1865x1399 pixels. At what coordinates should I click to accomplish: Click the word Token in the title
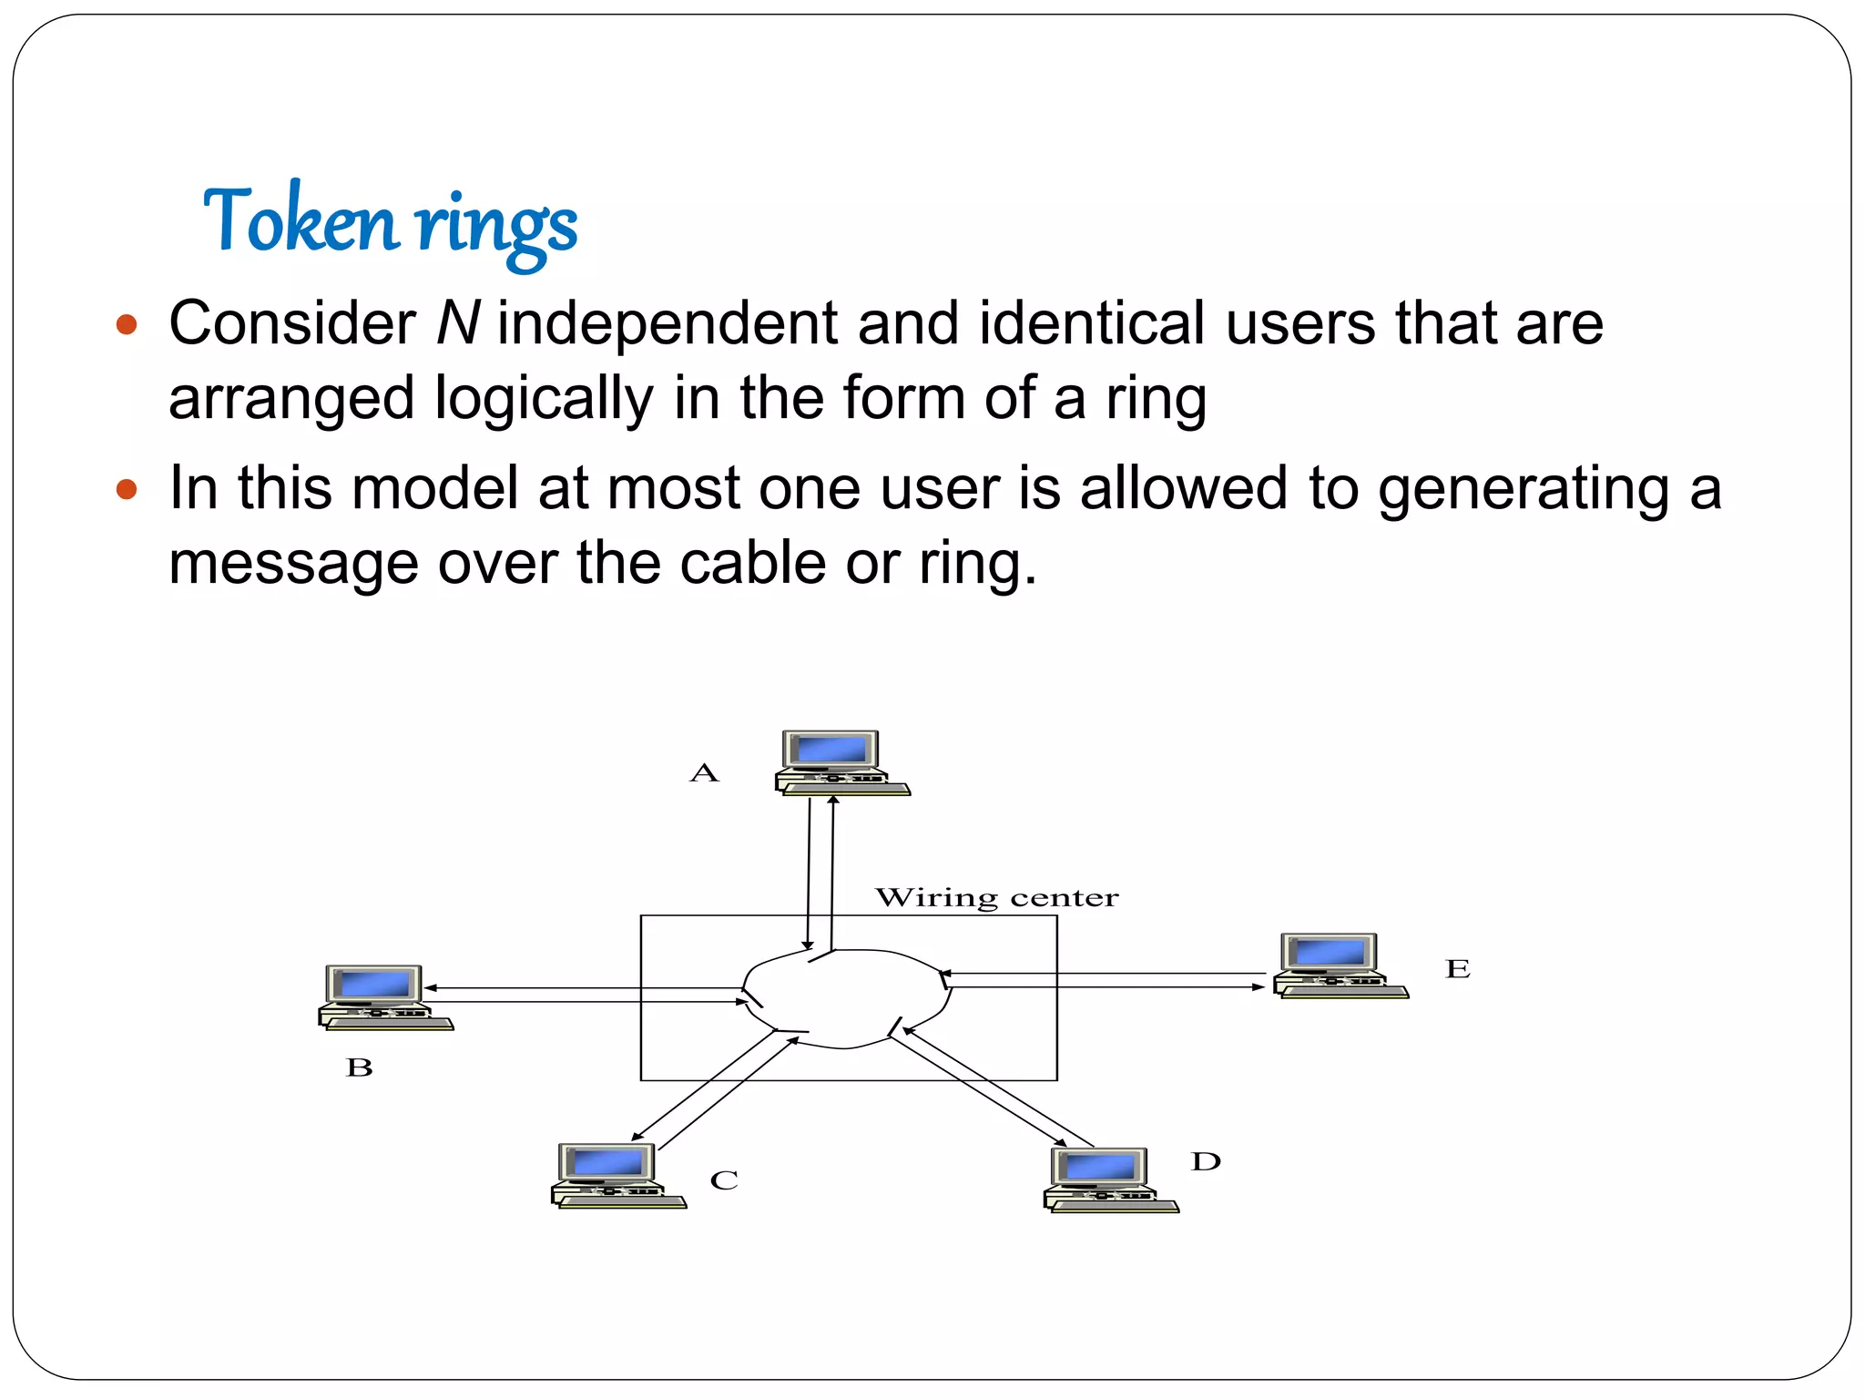click(x=301, y=220)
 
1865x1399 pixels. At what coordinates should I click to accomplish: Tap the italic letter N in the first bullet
click(x=457, y=322)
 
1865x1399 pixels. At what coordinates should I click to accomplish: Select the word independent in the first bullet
click(x=668, y=322)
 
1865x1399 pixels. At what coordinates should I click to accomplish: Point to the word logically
click(x=544, y=399)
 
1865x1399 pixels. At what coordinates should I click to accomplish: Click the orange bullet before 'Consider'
click(x=127, y=324)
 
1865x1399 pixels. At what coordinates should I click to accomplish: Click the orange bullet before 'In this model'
click(x=127, y=490)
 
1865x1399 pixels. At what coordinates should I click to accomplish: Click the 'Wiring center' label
click(x=996, y=898)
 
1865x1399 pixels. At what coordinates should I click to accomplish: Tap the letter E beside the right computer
click(x=1457, y=968)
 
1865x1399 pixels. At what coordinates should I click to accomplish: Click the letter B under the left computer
click(x=360, y=1067)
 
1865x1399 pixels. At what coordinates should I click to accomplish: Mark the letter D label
click(x=1205, y=1161)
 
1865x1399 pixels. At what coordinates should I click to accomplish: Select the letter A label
click(x=704, y=773)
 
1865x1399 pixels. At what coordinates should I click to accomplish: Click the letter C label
click(x=724, y=1180)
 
